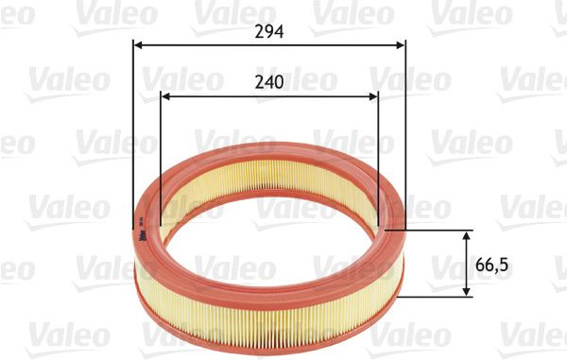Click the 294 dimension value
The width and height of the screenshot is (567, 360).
coord(269,32)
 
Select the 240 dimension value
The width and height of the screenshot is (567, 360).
coord(269,82)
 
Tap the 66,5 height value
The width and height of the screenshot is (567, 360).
coord(491,266)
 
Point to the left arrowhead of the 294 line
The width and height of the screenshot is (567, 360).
coord(138,45)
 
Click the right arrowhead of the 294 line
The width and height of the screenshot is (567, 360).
coord(401,45)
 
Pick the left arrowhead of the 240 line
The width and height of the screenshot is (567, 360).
coord(164,96)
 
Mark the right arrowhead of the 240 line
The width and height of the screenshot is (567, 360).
coord(373,96)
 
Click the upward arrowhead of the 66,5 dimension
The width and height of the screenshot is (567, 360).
coord(467,235)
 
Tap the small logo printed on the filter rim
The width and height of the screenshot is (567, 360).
coord(142,232)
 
